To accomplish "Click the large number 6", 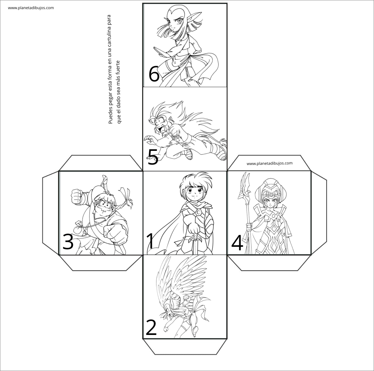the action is [x=154, y=73].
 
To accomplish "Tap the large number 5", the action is [x=153, y=157].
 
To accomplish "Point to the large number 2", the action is [x=151, y=328].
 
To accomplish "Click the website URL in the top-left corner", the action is [x=31, y=8].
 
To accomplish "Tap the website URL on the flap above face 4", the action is [x=269, y=163].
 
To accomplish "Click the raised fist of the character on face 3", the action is [x=77, y=196].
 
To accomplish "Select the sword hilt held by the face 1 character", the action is [x=195, y=239].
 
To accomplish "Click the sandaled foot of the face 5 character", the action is [x=188, y=155].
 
